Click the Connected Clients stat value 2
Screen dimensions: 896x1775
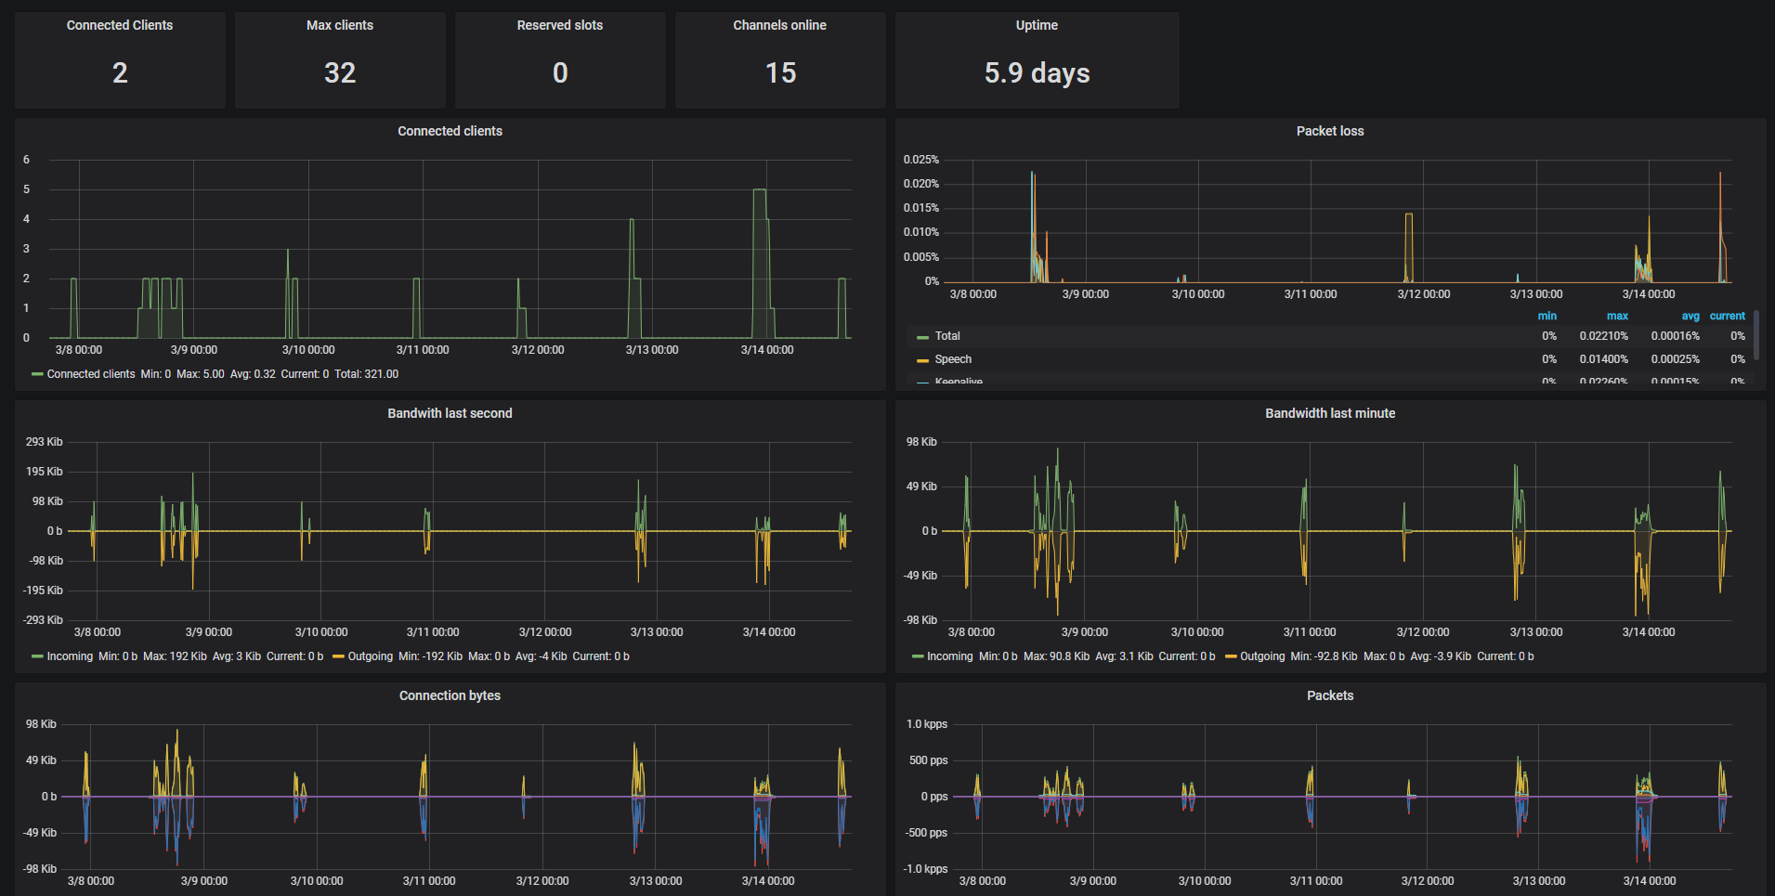point(120,73)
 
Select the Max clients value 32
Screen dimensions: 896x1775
point(340,73)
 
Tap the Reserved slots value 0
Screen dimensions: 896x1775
point(560,73)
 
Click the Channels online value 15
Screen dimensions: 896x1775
point(780,73)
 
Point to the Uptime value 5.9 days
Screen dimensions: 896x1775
point(1037,73)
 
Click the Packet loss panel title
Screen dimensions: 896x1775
point(1329,131)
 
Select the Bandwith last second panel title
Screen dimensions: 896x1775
point(450,413)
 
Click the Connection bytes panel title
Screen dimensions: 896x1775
point(450,695)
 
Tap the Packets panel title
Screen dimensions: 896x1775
point(1329,695)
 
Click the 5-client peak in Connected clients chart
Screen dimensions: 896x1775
point(759,190)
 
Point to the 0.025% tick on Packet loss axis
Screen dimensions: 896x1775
point(920,160)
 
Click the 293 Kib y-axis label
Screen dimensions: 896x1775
point(45,442)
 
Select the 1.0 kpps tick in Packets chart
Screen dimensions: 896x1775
point(927,724)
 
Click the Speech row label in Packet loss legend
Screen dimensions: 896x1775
point(953,359)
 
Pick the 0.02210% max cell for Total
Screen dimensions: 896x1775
point(1603,336)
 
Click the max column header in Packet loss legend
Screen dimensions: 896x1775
point(1617,316)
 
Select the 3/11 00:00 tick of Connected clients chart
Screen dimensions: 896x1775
point(423,350)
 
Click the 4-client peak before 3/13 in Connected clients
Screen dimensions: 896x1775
point(632,220)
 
